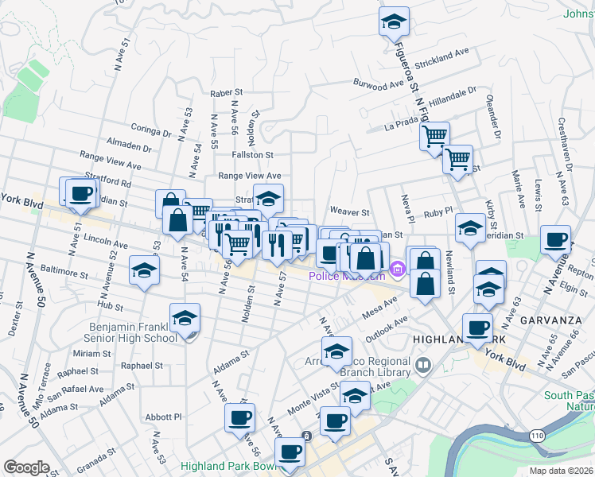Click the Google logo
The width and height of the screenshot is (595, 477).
[26, 467]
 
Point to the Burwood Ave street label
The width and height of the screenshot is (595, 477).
[380, 84]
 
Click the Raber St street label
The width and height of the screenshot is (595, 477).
[225, 93]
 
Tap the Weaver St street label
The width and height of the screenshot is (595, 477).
[351, 212]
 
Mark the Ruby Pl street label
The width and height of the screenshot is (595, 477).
[437, 212]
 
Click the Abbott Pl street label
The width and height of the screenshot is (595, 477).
[164, 416]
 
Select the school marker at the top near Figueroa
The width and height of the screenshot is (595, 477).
[392, 21]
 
